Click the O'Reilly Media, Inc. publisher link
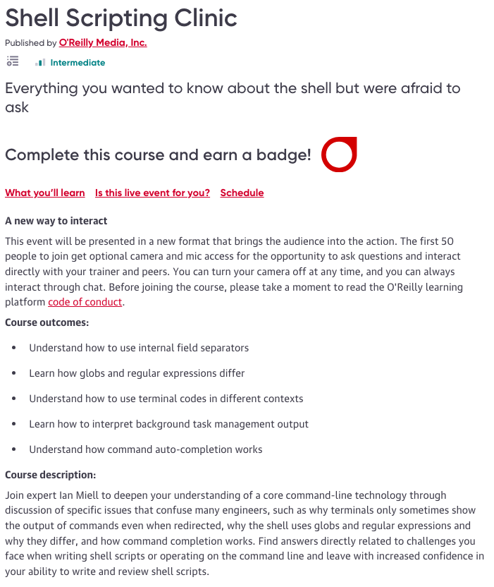pos(103,43)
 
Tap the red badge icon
pos(339,155)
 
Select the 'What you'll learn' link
pos(45,193)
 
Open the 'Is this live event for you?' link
pos(152,193)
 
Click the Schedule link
pos(242,193)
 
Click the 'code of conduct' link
pos(85,303)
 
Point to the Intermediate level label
pos(78,63)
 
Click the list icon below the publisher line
pos(12,62)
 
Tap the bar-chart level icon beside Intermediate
pos(40,63)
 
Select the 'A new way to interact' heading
pos(56,221)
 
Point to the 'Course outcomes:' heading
pos(47,322)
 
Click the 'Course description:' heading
pos(51,475)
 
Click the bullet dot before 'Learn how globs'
pos(13,373)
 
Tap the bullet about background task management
pos(168,424)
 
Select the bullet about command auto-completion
pos(145,449)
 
